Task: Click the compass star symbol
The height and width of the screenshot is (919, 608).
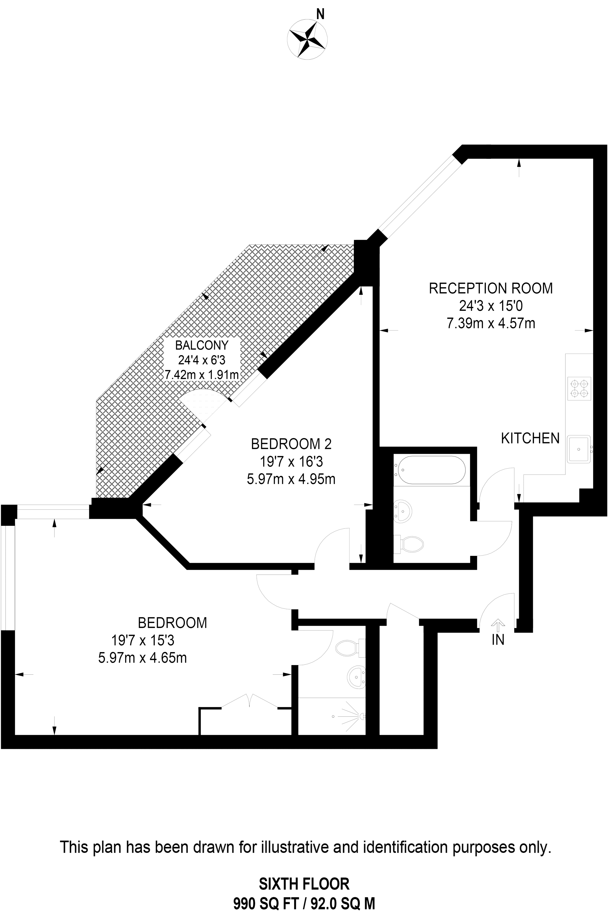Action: click(307, 40)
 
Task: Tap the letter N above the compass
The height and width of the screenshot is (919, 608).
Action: click(320, 14)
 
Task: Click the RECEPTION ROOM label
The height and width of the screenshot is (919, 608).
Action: click(491, 288)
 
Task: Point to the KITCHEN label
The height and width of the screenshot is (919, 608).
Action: click(530, 438)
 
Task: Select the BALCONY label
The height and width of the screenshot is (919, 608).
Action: click(202, 345)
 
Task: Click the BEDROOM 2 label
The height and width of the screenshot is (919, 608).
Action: click(291, 443)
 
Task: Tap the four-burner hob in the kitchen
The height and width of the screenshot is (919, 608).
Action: click(579, 389)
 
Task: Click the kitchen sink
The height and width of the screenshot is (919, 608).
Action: click(579, 449)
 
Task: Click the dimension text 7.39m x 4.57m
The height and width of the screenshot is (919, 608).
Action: click(491, 323)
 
